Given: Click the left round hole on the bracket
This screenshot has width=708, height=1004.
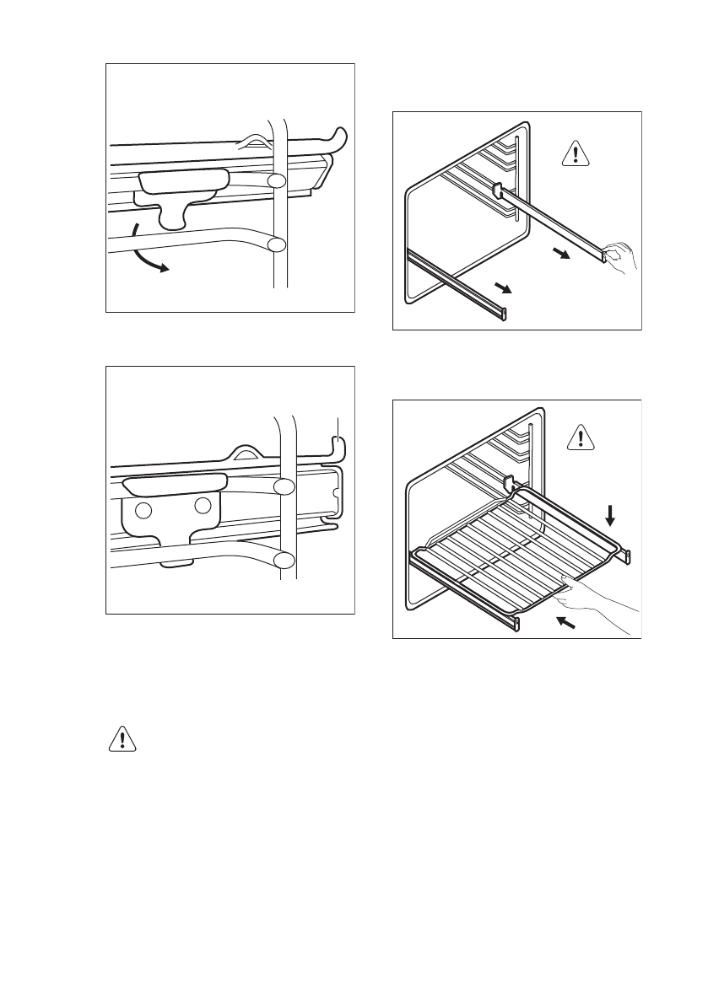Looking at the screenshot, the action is pyautogui.click(x=144, y=511).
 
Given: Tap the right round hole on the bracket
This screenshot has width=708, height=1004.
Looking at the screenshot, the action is pyautogui.click(x=202, y=506).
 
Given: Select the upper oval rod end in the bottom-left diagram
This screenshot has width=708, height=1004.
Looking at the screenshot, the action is pyautogui.click(x=284, y=486).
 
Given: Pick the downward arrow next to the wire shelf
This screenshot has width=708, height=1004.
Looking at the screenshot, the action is pyautogui.click(x=613, y=514).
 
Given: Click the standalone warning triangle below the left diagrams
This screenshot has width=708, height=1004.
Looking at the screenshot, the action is pyautogui.click(x=123, y=740).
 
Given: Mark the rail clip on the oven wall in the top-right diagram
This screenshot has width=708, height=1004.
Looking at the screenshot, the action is pyautogui.click(x=495, y=191).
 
